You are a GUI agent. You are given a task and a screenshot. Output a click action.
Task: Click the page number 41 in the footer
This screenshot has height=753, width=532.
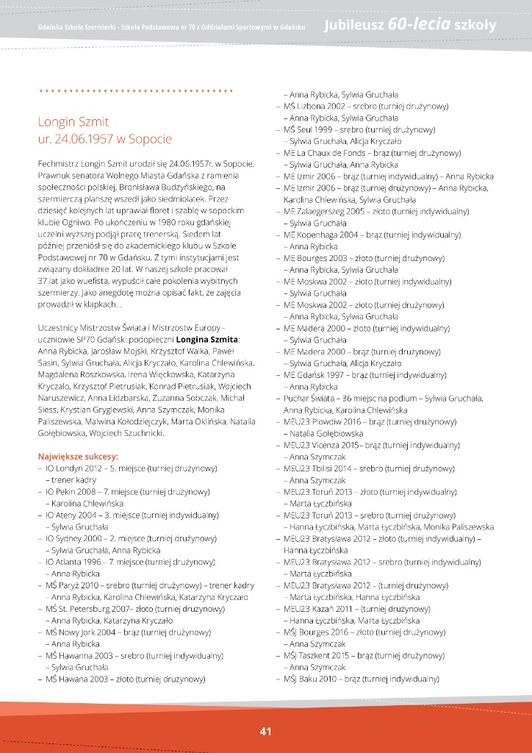point(265,731)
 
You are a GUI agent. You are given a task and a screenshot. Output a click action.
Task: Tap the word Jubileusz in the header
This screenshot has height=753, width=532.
point(352,26)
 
